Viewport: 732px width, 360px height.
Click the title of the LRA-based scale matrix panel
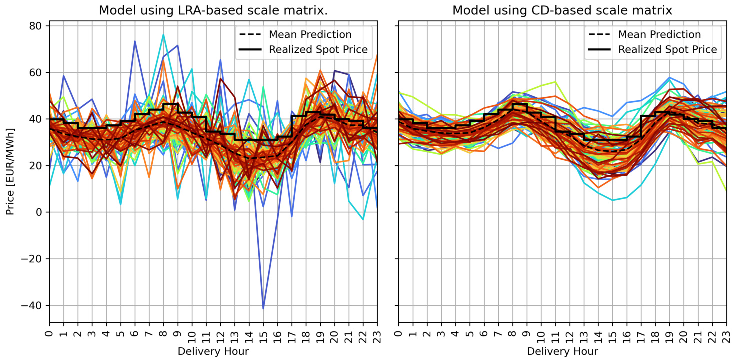tap(213, 10)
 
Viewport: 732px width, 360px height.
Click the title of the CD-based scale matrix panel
tap(562, 10)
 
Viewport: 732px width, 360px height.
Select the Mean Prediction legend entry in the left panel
tap(310, 34)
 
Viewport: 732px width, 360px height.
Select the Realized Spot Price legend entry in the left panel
tap(318, 49)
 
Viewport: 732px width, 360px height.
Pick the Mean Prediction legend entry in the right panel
tap(659, 34)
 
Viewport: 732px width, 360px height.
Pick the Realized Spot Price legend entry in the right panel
tap(667, 49)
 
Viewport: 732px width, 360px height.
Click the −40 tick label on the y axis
tap(34, 305)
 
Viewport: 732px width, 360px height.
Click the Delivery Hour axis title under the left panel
tap(213, 351)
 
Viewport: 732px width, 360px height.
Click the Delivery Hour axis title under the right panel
tap(562, 351)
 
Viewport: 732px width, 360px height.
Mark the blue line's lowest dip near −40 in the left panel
tap(263, 308)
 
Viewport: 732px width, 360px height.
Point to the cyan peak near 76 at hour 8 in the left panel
tap(163, 34)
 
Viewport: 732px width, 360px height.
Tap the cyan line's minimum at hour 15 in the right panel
tap(613, 200)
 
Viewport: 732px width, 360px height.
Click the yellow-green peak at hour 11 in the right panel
tap(555, 82)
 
